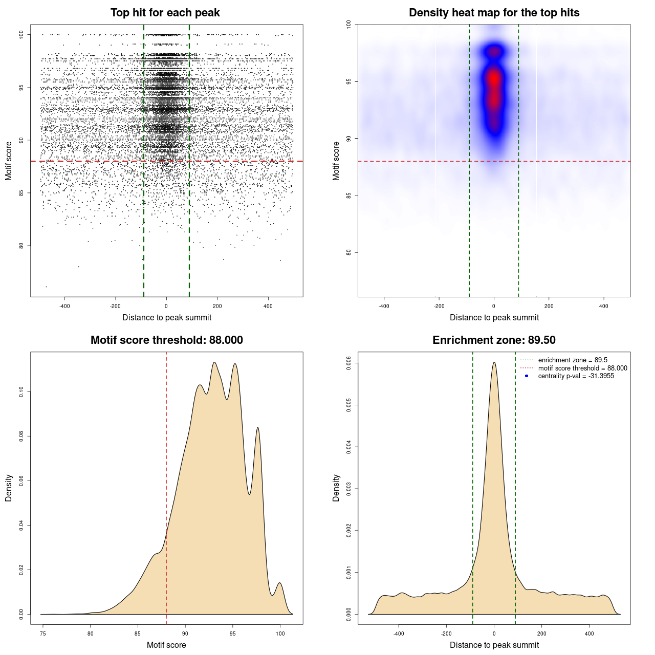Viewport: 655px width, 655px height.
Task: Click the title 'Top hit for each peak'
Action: tap(165, 13)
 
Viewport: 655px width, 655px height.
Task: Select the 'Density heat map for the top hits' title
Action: tap(494, 13)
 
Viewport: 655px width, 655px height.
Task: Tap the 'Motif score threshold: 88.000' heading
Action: tap(166, 340)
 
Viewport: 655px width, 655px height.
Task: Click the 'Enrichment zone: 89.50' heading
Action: tap(494, 340)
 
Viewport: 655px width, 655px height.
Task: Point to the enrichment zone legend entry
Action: tap(573, 360)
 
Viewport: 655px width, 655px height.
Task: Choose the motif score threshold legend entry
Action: tap(582, 368)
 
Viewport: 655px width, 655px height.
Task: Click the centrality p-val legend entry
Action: tap(576, 376)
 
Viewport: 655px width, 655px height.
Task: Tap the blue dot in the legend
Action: tap(527, 376)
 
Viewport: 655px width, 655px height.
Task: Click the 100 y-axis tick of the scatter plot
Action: tap(21, 34)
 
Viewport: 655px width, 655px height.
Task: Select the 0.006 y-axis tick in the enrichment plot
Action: tap(349, 363)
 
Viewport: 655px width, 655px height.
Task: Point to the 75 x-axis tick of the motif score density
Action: tap(43, 634)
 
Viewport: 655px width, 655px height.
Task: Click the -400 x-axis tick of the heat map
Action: tap(384, 306)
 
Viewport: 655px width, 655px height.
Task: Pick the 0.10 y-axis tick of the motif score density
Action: tap(21, 392)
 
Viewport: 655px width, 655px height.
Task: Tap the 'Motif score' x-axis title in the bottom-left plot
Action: tap(166, 645)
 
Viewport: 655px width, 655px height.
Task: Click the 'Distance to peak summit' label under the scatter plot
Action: tap(166, 317)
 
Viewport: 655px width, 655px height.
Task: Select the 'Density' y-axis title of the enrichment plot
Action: tap(336, 488)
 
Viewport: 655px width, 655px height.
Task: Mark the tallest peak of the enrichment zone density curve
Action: tap(494, 363)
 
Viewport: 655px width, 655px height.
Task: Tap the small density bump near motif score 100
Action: tap(279, 584)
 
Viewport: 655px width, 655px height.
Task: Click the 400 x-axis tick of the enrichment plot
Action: tap(589, 634)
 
